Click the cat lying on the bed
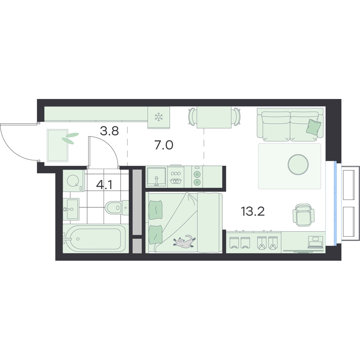point(184,241)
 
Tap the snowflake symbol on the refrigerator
point(159,117)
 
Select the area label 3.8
point(109,131)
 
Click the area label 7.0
point(164,145)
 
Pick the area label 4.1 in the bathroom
point(104,185)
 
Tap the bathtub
point(96,239)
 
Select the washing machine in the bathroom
point(73,181)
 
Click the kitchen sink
point(156,177)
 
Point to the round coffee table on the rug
point(298,165)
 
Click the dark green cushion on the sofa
point(314,127)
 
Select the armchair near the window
point(303,215)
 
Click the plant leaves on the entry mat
point(70,138)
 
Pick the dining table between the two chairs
point(214,117)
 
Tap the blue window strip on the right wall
point(335,203)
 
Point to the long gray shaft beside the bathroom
point(137,202)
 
